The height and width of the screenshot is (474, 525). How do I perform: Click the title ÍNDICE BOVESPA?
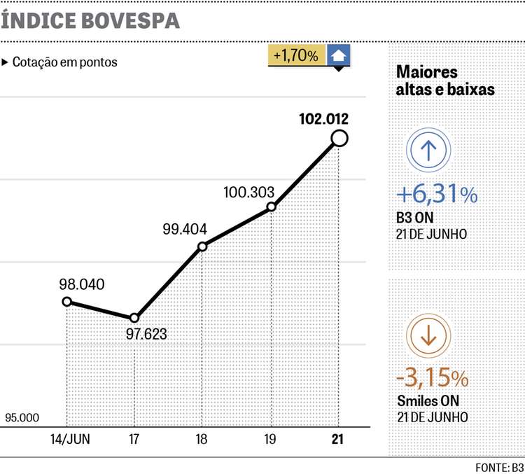coord(91,20)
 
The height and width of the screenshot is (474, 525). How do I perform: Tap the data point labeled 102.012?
coord(339,139)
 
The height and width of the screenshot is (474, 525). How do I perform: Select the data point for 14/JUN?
coord(67,302)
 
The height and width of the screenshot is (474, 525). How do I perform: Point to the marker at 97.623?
coord(134,319)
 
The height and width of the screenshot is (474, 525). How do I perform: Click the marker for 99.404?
coord(202,246)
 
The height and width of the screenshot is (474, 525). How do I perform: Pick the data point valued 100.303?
coord(271,207)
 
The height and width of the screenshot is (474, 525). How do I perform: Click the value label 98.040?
coord(83,284)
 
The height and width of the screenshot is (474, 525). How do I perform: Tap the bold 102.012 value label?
coord(323,118)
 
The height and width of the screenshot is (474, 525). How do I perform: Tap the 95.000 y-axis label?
coord(22,418)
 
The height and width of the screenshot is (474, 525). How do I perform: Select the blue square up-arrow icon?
coord(339,56)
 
